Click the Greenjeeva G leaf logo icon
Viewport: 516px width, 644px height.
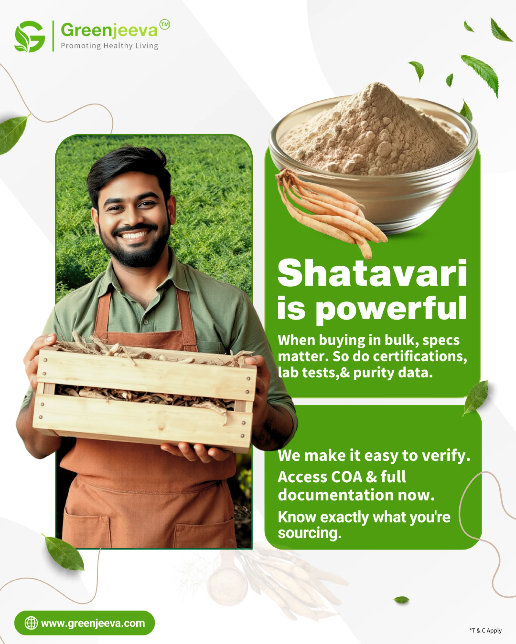30,36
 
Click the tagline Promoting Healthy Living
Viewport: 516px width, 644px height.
109,46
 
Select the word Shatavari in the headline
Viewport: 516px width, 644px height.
372,273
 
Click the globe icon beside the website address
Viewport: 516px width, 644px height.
31,623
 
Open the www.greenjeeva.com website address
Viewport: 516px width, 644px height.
93,623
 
